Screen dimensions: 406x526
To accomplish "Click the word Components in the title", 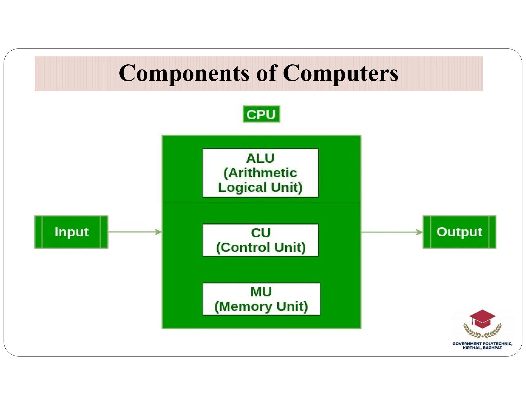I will click(184, 73).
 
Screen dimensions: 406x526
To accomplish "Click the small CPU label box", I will click(261, 114).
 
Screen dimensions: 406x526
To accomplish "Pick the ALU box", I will click(260, 173).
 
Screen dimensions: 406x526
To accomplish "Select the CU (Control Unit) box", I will click(260, 240).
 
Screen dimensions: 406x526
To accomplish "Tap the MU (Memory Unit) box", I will click(261, 299).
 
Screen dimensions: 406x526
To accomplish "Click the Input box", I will click(71, 232).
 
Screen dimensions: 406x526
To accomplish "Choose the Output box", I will click(459, 232).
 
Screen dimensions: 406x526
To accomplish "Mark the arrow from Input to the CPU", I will click(135, 232).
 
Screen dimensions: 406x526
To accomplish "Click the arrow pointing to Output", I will click(392, 232).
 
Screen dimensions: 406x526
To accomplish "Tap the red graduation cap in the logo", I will click(482, 319).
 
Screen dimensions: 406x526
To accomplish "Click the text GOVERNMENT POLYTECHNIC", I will click(482, 344).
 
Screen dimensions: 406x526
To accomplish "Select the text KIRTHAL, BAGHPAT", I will click(482, 348).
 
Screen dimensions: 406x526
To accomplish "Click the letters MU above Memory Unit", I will click(261, 292).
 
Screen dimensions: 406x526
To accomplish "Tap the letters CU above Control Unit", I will click(261, 233).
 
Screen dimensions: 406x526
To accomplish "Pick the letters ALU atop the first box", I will click(260, 158).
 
